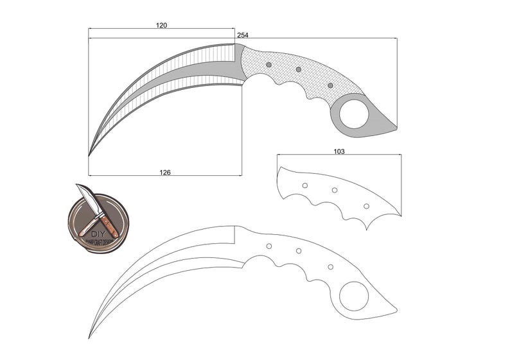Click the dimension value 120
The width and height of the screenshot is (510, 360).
tap(161, 25)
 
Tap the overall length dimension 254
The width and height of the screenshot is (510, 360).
tap(243, 35)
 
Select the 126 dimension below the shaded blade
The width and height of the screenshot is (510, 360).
tap(165, 172)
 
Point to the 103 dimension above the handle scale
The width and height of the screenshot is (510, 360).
tap(339, 151)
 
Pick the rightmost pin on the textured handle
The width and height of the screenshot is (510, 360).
tap(330, 85)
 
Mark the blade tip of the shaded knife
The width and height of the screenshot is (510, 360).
tap(89, 155)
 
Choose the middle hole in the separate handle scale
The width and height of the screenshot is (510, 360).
tap(334, 190)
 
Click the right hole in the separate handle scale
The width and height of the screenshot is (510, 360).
tap(366, 206)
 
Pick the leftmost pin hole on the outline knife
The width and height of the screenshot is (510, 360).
tap(269, 246)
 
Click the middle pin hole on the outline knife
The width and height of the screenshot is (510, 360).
tap(299, 251)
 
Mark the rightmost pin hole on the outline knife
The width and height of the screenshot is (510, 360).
tap(330, 266)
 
